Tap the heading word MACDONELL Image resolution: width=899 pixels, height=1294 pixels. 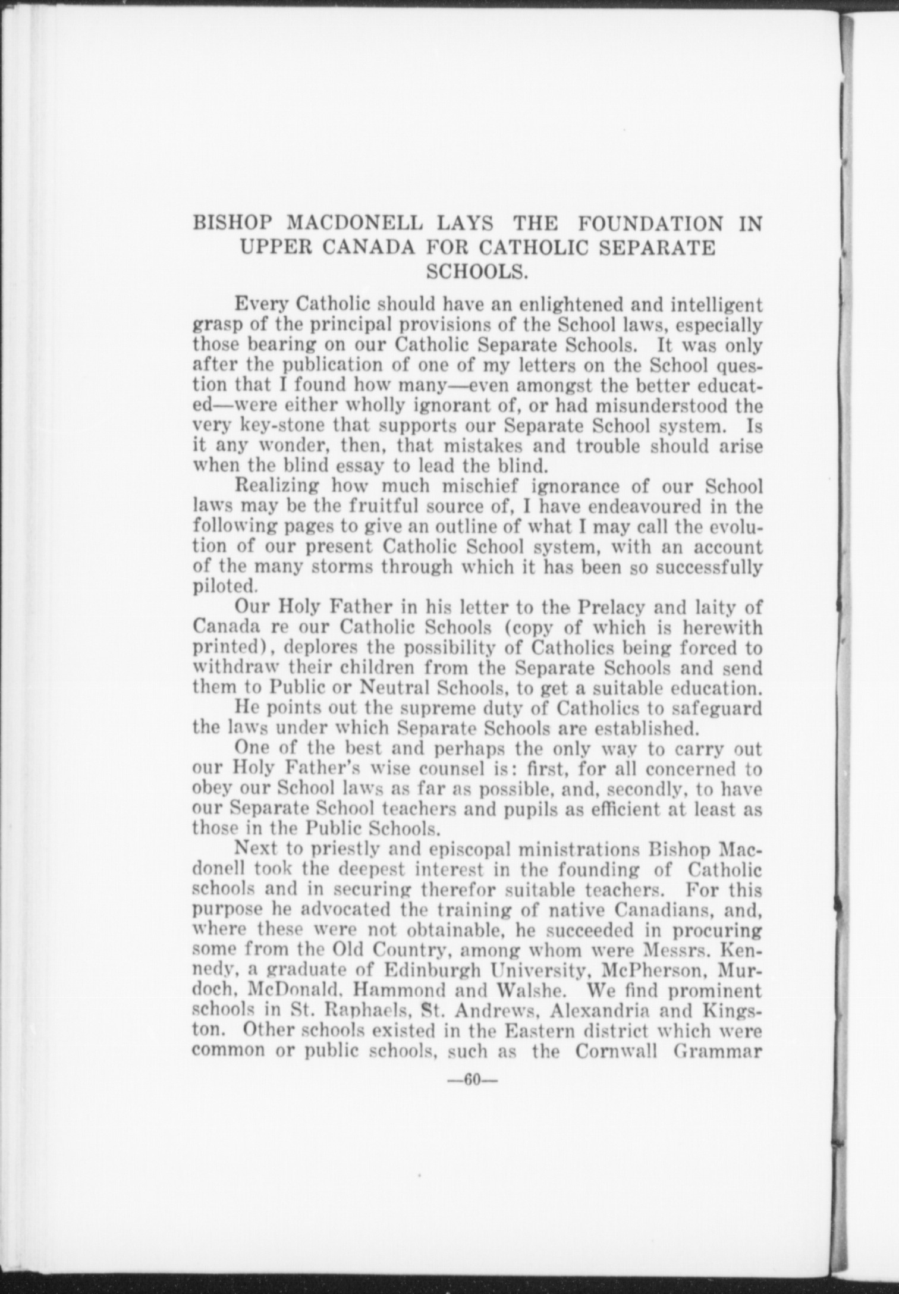pyautogui.click(x=354, y=224)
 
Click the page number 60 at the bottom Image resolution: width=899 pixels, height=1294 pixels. pyautogui.click(x=472, y=1079)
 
